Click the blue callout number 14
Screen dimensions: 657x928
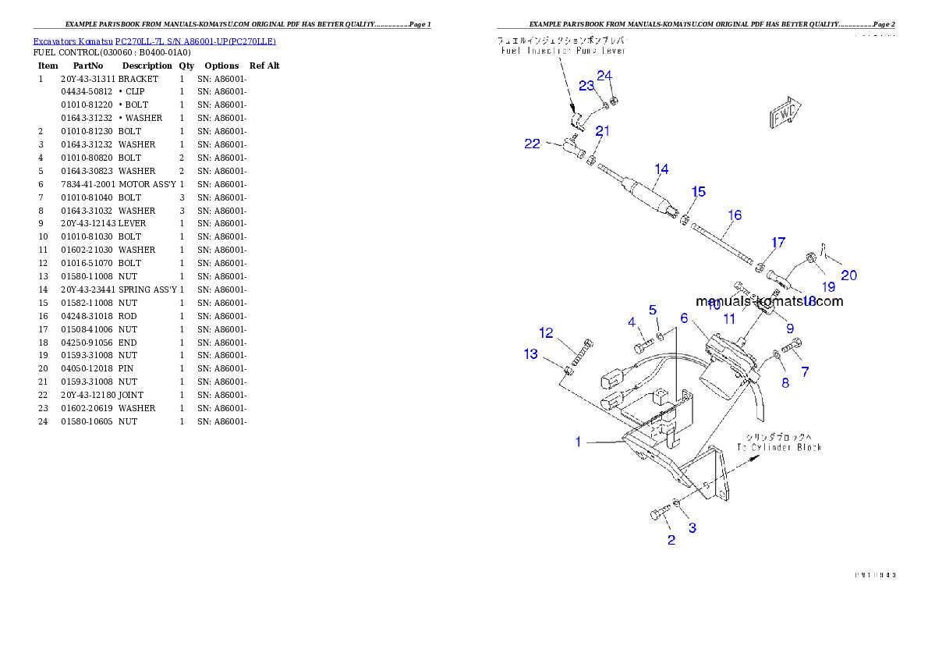(661, 169)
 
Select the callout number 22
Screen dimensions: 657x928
(532, 144)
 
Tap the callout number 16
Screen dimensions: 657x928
(735, 215)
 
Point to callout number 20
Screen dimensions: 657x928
(848, 275)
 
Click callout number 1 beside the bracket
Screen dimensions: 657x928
(578, 442)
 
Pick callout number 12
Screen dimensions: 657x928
(546, 333)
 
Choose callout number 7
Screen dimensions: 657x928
(805, 372)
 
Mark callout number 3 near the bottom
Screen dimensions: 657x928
(692, 527)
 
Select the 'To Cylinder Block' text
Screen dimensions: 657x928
(779, 447)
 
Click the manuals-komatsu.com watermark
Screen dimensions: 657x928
(769, 301)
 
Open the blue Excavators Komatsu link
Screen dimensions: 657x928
(154, 41)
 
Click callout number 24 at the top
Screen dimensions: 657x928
(605, 76)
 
